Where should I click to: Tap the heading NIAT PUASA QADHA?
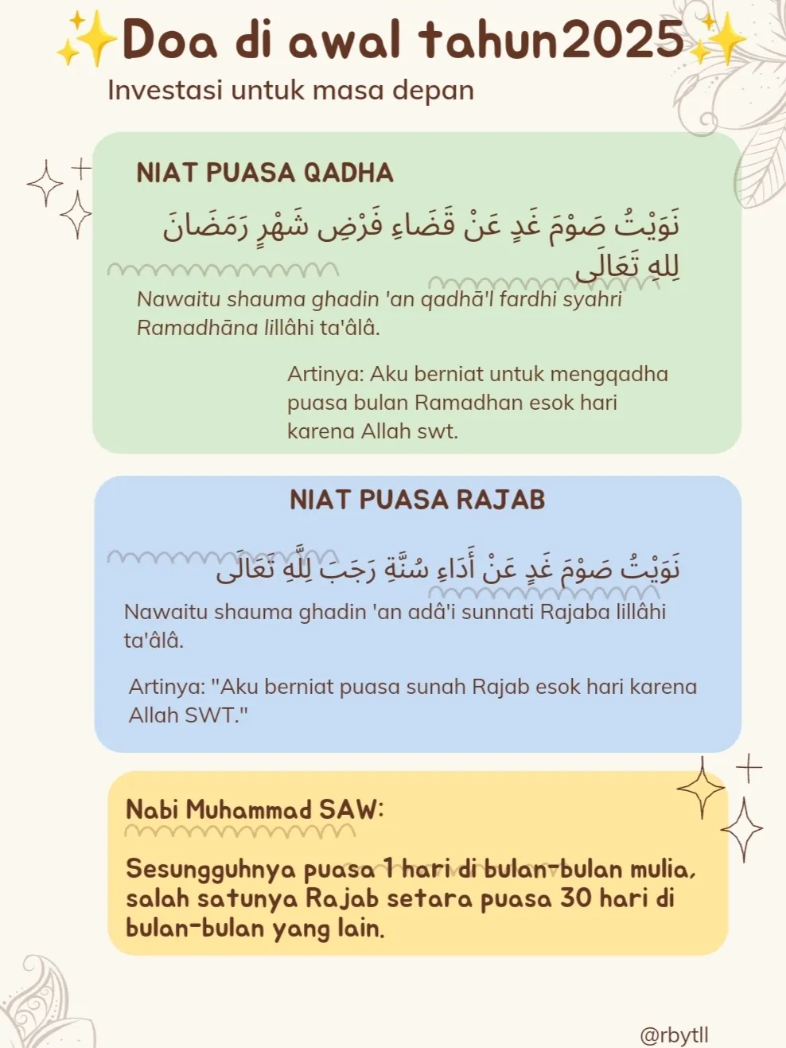pyautogui.click(x=265, y=173)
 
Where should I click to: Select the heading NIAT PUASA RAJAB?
pyautogui.click(x=418, y=500)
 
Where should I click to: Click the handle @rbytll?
pyautogui.click(x=674, y=1034)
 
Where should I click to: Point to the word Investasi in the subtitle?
pyautogui.click(x=165, y=90)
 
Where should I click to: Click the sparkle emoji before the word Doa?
pyautogui.click(x=87, y=40)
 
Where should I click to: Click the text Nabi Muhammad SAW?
pyautogui.click(x=255, y=809)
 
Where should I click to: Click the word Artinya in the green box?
pyautogui.click(x=325, y=374)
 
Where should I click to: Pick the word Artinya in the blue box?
pyautogui.click(x=167, y=687)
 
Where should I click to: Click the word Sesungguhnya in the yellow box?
pyautogui.click(x=210, y=868)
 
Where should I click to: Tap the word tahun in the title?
pyautogui.click(x=489, y=39)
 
